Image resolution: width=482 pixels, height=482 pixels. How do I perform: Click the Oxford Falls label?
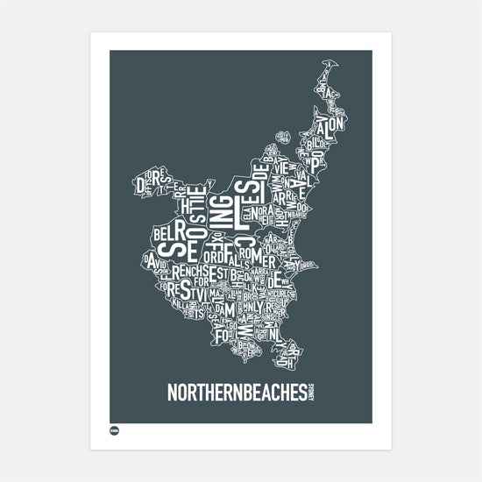click(219, 258)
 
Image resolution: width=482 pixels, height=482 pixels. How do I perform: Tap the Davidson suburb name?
click(157, 260)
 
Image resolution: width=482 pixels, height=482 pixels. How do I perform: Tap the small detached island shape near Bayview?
click(282, 135)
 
